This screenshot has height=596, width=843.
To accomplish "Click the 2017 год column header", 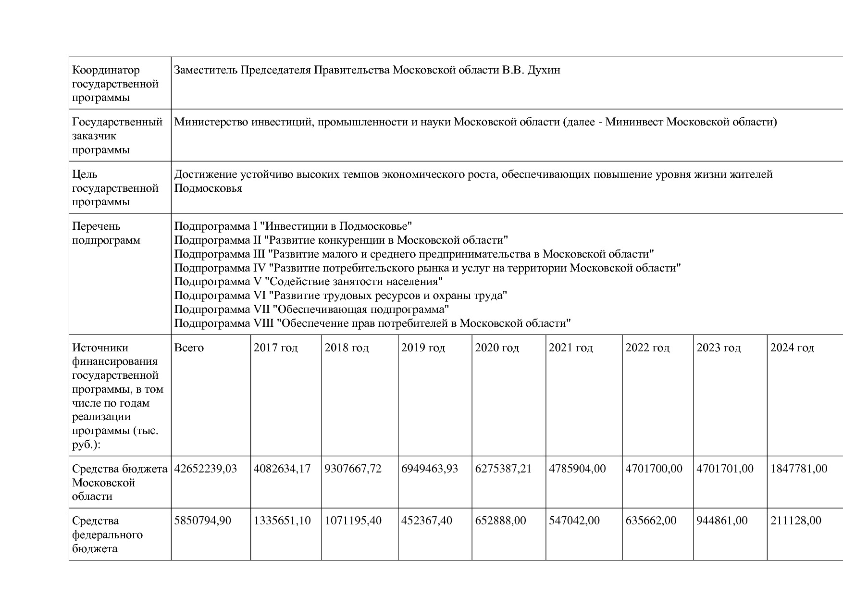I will (275, 348).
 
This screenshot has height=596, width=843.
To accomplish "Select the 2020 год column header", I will (497, 348).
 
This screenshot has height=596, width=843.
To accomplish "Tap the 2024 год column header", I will (792, 348).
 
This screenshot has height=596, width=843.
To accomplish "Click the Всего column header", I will (189, 348).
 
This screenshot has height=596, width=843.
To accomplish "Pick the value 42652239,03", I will (206, 469).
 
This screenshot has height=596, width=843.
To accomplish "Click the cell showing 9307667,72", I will (353, 469).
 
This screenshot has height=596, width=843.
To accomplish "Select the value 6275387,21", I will (503, 469).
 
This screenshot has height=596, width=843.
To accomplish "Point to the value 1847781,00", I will (799, 469).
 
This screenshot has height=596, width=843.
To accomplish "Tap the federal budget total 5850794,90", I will (202, 521).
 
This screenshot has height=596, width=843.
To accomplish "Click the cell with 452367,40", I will (426, 521).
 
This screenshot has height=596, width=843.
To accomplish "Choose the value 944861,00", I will (722, 521).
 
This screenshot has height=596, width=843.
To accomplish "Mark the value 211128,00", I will (796, 521).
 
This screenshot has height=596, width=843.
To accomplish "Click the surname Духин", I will (544, 70).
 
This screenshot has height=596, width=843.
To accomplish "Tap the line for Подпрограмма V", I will (308, 282).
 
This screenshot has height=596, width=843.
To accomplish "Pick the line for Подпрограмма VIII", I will (372, 323).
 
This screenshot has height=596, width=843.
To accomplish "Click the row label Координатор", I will (106, 70).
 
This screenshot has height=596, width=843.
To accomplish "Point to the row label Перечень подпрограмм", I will (106, 233).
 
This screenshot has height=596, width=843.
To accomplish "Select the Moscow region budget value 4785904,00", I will (577, 469).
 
